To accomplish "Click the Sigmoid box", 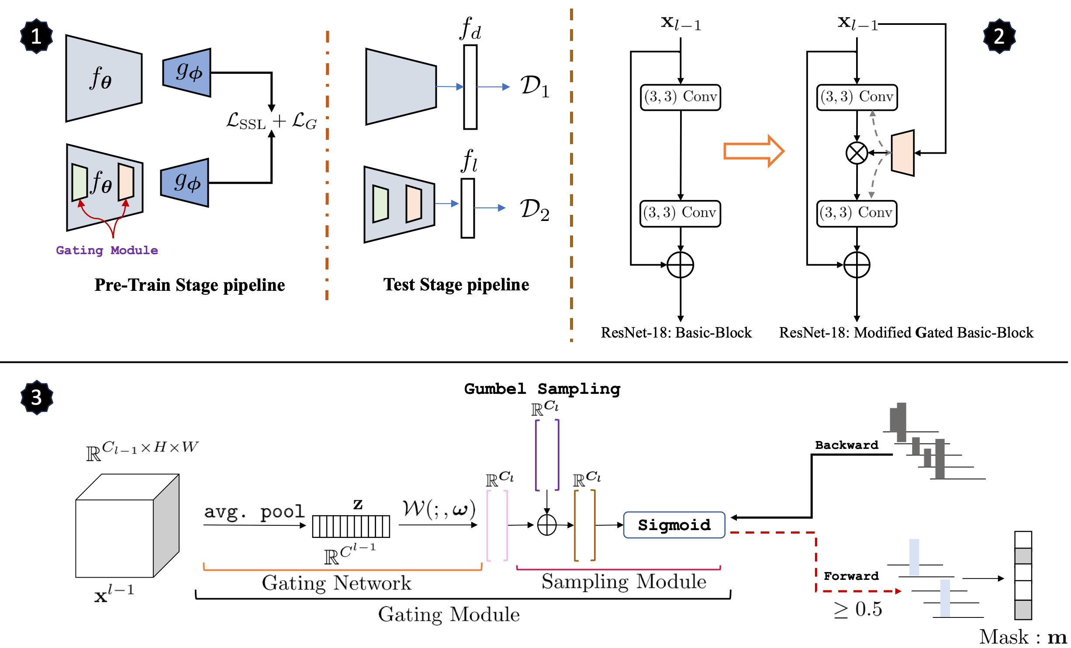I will click(x=674, y=525).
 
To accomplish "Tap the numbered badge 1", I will click(x=36, y=36).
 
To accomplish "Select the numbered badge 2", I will click(x=999, y=36).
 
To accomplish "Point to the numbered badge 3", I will click(x=37, y=397).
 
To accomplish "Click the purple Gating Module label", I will click(x=107, y=250).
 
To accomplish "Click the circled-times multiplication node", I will click(x=857, y=153).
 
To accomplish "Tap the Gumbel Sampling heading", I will click(x=542, y=389).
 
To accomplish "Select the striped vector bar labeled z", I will click(x=351, y=526).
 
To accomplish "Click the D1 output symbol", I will click(x=534, y=86).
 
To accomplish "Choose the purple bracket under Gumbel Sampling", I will click(x=547, y=455).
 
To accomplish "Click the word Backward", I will click(x=846, y=445).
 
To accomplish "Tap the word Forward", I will click(x=851, y=576).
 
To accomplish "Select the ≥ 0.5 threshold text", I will click(x=858, y=609).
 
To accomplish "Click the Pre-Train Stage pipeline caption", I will click(x=190, y=285).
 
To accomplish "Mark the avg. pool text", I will click(x=254, y=511).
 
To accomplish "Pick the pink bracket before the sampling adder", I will click(x=497, y=525).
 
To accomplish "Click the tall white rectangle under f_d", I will click(x=470, y=87).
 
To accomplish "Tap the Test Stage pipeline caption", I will click(x=456, y=285).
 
